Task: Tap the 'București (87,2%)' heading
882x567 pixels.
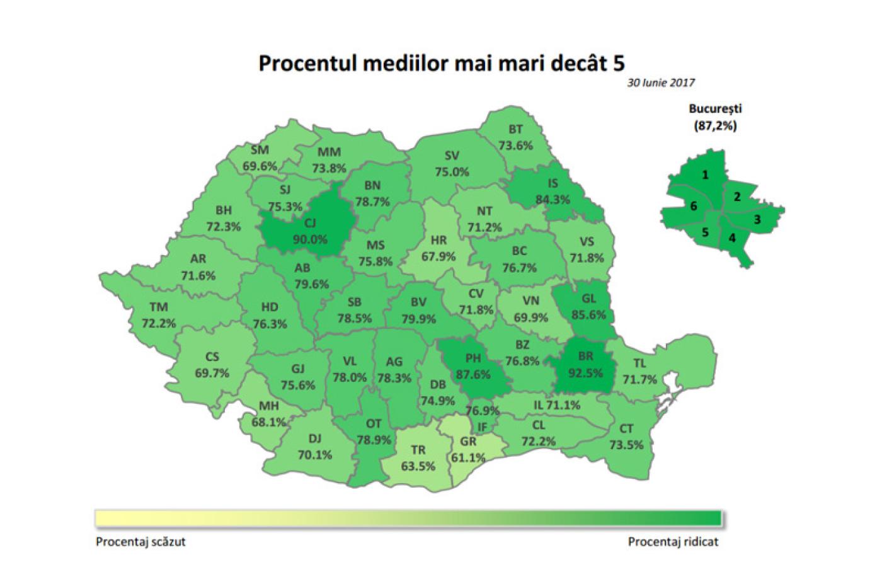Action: point(715,117)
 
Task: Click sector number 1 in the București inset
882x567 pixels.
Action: point(706,175)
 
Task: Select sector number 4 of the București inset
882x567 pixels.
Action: point(732,238)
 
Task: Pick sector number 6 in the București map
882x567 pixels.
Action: point(693,206)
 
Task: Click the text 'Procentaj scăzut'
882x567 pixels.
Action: point(140,542)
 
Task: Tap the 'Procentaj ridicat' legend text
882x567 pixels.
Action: point(673,542)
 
